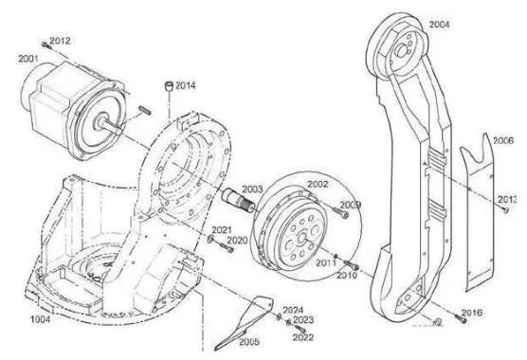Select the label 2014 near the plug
coord(186,86)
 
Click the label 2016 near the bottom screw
coord(472,312)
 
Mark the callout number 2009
coord(350,206)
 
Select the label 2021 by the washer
coord(222,230)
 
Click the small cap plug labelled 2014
coord(168,87)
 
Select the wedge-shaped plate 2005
coord(242,319)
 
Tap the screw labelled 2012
coord(45,44)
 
